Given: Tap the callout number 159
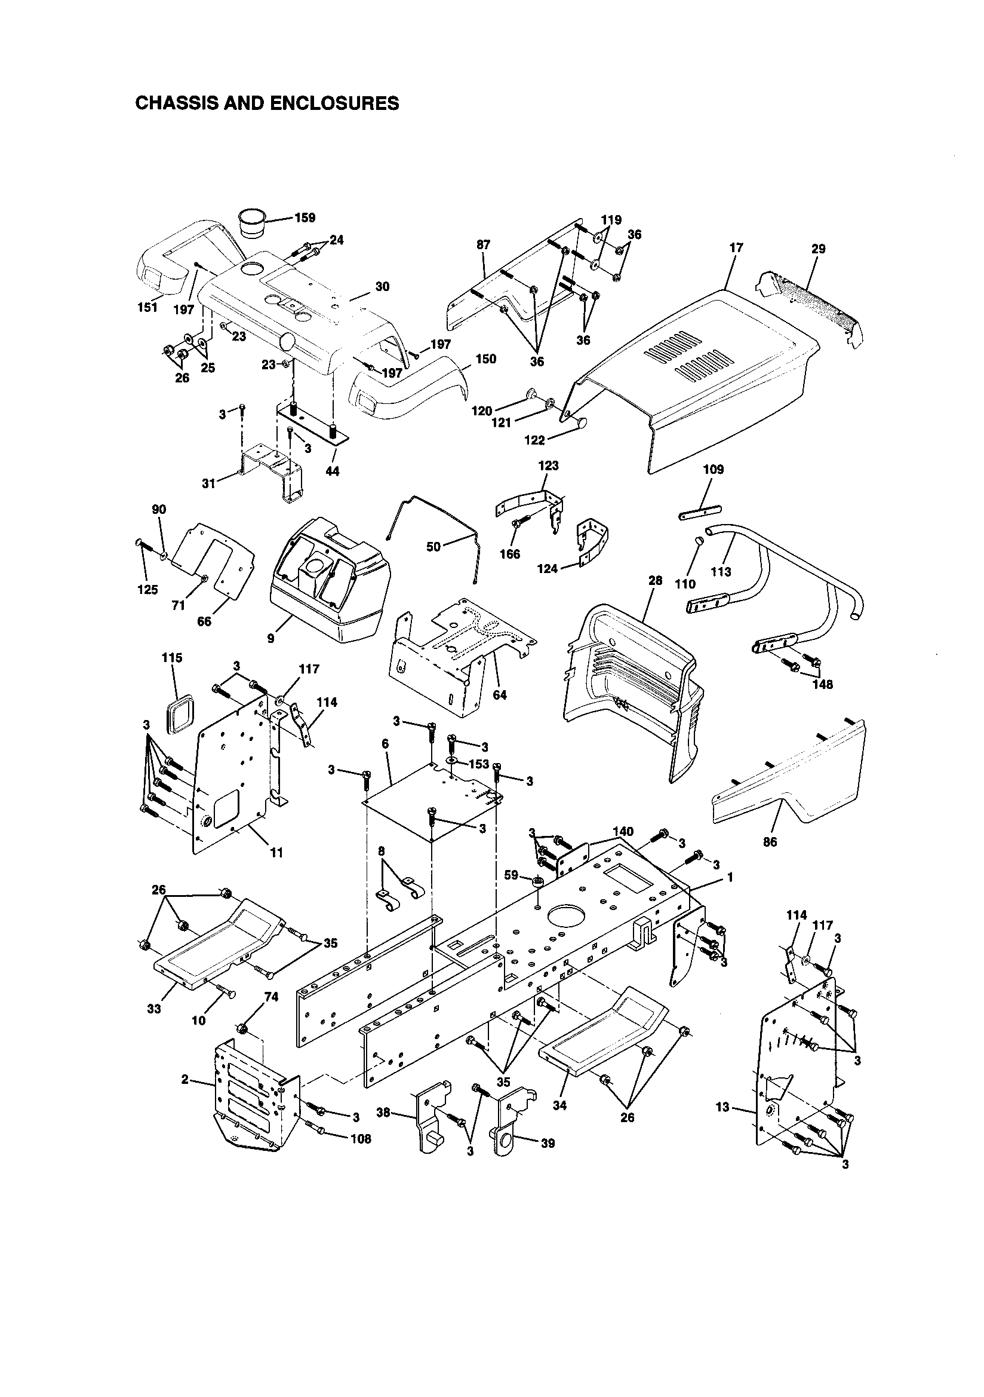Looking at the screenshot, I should (x=305, y=218).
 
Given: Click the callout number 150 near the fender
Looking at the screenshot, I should (x=485, y=359).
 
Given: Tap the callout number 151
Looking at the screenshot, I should (x=146, y=307).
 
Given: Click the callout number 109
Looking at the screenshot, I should (x=714, y=470).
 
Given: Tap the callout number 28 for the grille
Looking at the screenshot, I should (x=655, y=580).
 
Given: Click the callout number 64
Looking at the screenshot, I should (x=499, y=696).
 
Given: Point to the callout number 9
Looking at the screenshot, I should (x=270, y=638).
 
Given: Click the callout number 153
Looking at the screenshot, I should (x=479, y=764).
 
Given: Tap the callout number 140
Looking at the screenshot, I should (x=623, y=832).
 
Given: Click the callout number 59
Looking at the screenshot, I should (x=512, y=875).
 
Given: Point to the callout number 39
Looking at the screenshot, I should (x=548, y=1143).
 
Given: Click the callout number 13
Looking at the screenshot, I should (x=722, y=1107).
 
